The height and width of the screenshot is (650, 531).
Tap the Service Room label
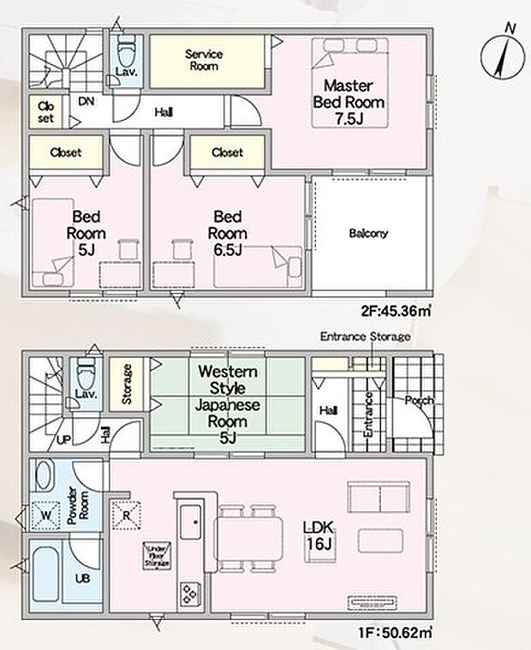(x=205, y=60)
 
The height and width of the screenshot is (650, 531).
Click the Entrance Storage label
(x=365, y=337)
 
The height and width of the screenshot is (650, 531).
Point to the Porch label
(x=420, y=400)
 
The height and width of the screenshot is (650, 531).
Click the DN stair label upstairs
(x=86, y=101)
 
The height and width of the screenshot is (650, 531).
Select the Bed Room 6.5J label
(x=229, y=233)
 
